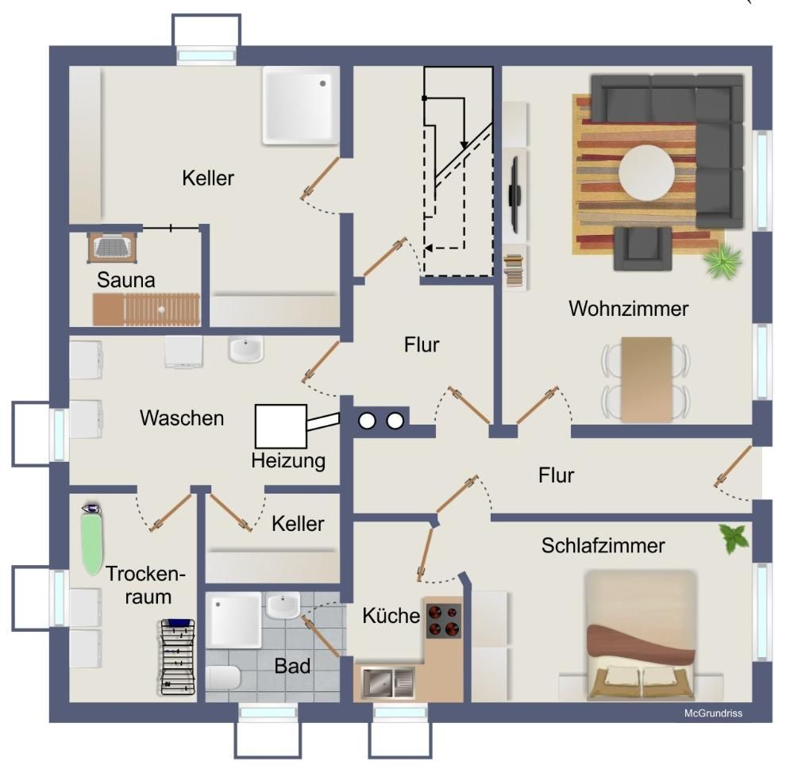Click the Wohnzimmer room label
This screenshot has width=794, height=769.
(628, 309)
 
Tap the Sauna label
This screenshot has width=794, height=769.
(126, 280)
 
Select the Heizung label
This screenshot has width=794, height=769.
(288, 461)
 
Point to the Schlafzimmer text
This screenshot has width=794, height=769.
(603, 546)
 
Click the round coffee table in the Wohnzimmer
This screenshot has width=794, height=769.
(646, 173)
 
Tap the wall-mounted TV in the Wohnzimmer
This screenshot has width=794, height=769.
(515, 194)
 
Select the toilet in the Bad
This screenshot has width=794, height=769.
(223, 678)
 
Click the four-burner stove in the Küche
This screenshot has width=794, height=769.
(444, 621)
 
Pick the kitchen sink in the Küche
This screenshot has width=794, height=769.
(388, 682)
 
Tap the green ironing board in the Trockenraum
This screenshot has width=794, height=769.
(92, 539)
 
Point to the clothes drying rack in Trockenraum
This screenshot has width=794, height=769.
(178, 657)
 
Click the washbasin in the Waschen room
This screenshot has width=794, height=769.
(246, 349)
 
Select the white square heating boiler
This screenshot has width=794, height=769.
(281, 426)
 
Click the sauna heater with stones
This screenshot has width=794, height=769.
(113, 247)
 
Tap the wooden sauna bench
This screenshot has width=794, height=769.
(146, 310)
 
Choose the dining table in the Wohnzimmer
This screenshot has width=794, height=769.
(646, 379)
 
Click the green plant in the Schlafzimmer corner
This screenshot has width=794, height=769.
(734, 539)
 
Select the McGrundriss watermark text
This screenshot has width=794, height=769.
(713, 713)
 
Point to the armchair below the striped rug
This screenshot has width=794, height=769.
(642, 248)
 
